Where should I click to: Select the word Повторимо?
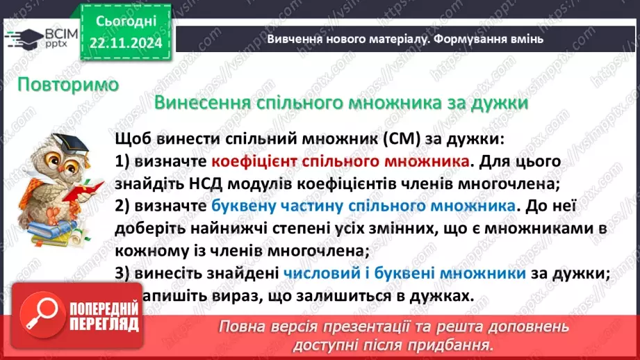coord(68,85)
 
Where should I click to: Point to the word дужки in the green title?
coord(499,103)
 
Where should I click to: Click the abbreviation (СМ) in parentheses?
coord(404,139)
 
